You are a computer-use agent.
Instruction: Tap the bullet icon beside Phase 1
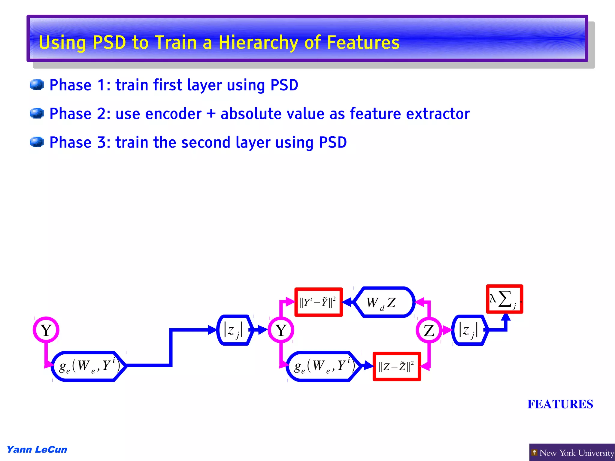tap(37, 85)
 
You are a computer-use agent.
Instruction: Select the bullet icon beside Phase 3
tap(37, 142)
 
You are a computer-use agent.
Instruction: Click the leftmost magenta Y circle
tap(46, 330)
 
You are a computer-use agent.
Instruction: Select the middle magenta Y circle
tap(281, 330)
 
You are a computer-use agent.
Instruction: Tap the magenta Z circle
tap(429, 330)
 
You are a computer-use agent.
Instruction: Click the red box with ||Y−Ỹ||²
tap(318, 302)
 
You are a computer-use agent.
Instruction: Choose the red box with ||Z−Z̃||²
tap(396, 366)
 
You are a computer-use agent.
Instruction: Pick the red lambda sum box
tap(504, 299)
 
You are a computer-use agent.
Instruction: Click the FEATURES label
tap(560, 404)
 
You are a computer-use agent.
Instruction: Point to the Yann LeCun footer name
tap(37, 450)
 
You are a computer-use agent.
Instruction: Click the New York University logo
tap(572, 452)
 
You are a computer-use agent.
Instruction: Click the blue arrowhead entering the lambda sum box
tap(506, 317)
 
